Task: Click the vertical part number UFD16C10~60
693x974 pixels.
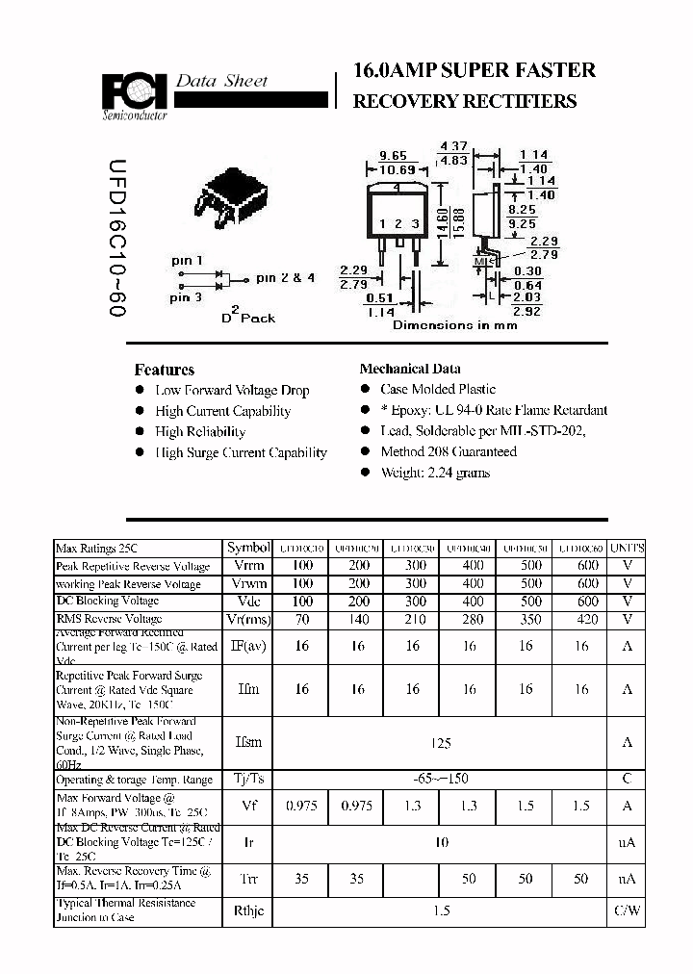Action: (x=115, y=240)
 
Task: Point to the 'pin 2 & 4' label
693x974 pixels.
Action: (x=285, y=278)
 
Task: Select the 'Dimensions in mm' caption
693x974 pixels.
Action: (x=454, y=325)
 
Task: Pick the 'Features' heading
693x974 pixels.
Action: (x=164, y=370)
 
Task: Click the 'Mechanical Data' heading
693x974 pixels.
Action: (x=409, y=369)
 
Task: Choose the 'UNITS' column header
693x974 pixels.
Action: (x=628, y=548)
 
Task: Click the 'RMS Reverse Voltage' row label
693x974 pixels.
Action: (x=109, y=619)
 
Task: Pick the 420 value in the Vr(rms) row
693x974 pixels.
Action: (x=587, y=619)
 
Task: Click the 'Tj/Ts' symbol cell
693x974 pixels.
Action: (x=249, y=779)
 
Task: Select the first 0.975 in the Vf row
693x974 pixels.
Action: (x=301, y=807)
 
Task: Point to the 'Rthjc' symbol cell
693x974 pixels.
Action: (x=249, y=910)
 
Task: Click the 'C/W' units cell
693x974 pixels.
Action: (x=628, y=910)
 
